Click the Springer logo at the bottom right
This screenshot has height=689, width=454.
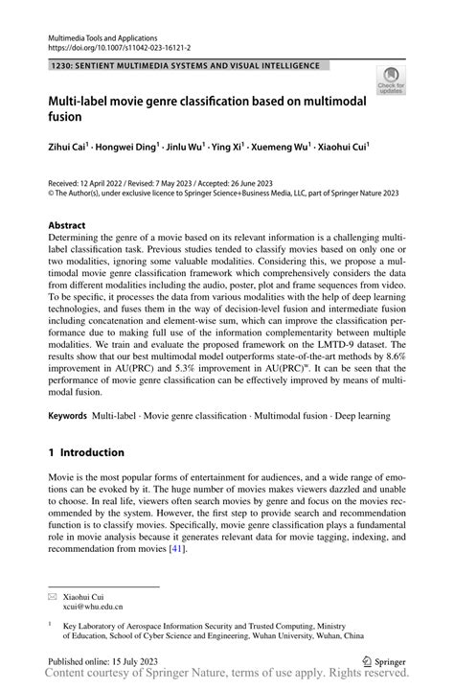point(384,660)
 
